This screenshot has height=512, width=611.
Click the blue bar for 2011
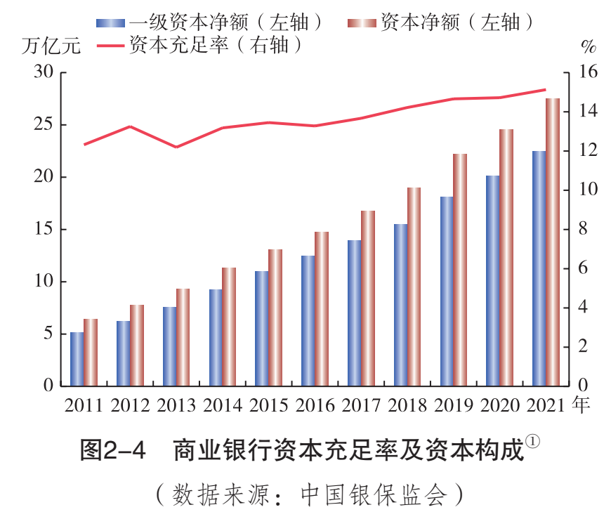coord(77,359)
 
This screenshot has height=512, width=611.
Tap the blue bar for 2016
coord(308,320)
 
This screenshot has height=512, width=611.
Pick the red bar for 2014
coord(229,327)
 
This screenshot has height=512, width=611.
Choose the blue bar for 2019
coord(447,291)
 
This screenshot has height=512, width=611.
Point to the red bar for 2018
coord(414,287)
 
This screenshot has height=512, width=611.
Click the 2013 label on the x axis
coord(176,405)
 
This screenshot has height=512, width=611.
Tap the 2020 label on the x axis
coord(500,405)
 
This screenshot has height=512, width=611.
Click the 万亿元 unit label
coord(51,46)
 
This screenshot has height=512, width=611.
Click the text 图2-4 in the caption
coord(112,450)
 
